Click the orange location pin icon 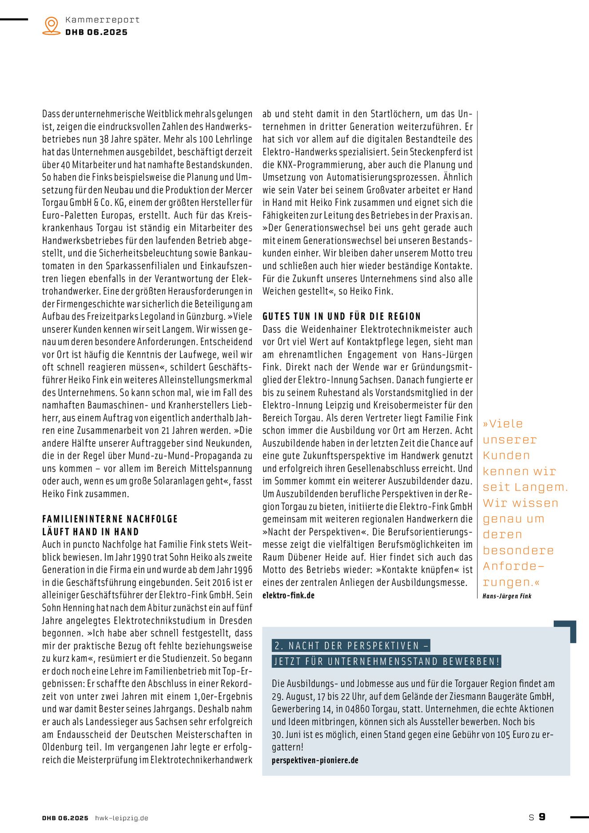point(52,25)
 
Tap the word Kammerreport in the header point(102,20)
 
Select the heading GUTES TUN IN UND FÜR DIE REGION point(341,316)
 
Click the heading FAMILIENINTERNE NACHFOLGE point(110,519)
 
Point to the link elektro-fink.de point(288,595)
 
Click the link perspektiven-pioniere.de point(315,760)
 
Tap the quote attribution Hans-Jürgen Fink point(507,596)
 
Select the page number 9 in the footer point(542,817)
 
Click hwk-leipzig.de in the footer point(122,818)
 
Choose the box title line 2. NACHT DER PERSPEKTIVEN point(351,646)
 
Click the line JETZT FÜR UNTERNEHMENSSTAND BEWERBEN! point(387,661)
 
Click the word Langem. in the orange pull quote point(541,487)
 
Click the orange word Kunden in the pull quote point(506,456)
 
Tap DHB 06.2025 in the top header point(96,32)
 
